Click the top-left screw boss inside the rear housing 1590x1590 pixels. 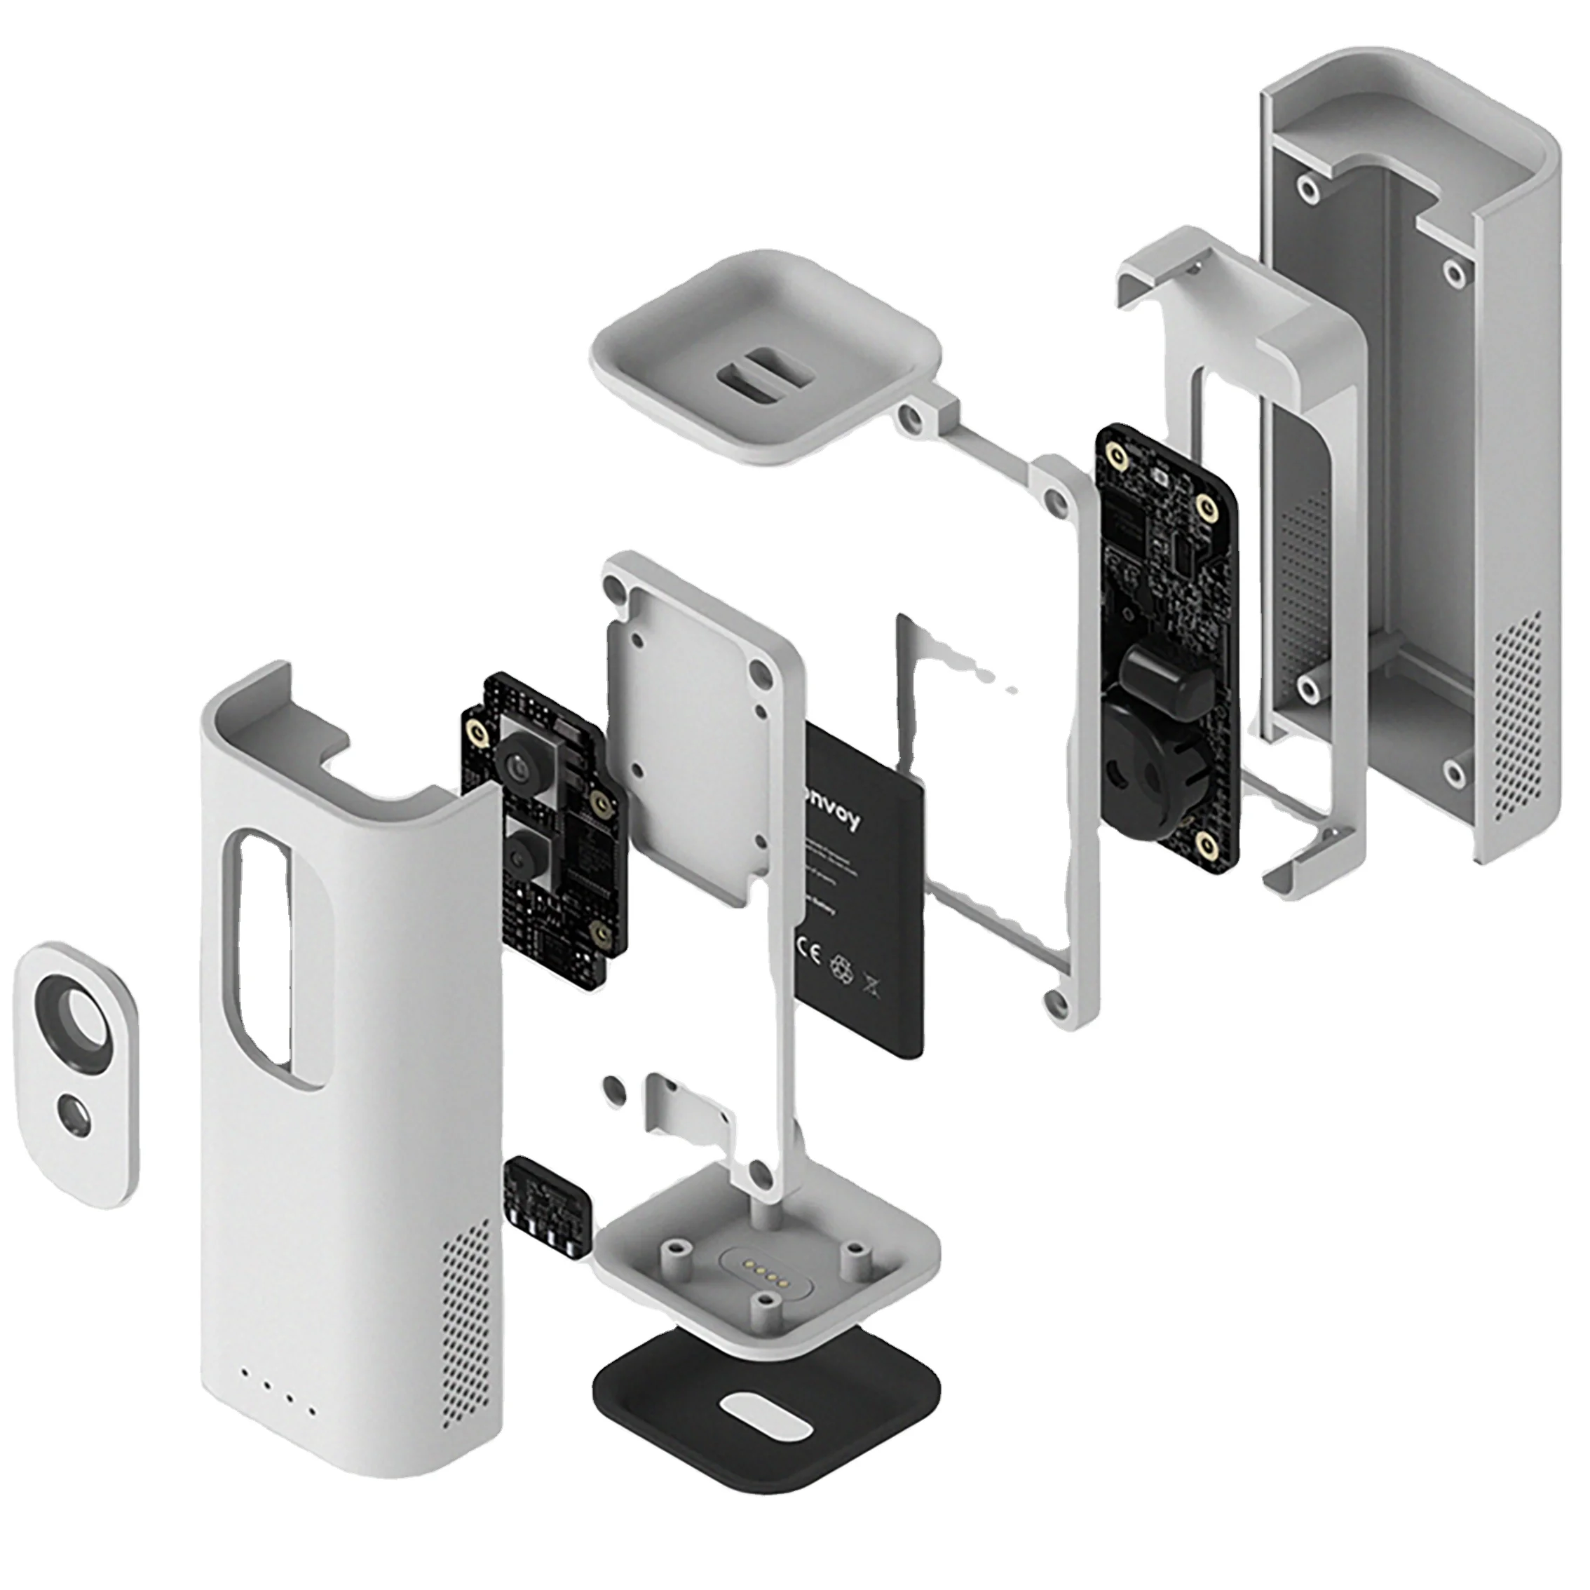1306,190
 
